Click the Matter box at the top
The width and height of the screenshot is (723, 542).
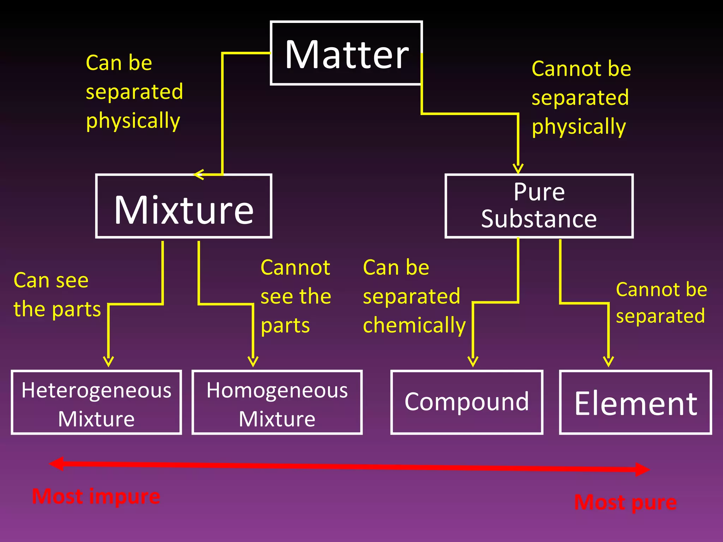346,53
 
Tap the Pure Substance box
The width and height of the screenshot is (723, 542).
539,206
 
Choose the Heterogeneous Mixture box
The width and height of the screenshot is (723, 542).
96,402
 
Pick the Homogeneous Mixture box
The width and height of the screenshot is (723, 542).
277,402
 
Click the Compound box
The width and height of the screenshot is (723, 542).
467,402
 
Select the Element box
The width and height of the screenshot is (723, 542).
635,402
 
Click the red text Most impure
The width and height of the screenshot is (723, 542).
96,496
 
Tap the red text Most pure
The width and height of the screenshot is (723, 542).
625,502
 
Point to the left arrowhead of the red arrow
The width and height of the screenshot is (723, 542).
56,464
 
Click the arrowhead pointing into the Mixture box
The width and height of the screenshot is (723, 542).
199,174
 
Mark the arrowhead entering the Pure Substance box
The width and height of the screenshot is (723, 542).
518,169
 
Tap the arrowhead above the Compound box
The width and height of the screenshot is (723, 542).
473,362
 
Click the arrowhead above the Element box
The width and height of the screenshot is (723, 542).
608,362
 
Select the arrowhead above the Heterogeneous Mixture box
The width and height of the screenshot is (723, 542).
108,362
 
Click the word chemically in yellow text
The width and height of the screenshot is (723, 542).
414,325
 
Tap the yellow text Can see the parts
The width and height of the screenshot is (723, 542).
56,295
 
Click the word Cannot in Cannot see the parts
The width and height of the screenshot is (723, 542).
295,267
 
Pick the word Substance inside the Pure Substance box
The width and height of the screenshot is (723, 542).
539,219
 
